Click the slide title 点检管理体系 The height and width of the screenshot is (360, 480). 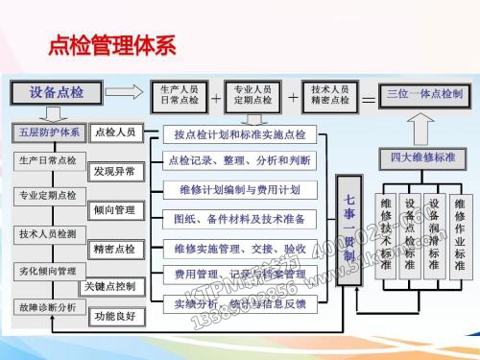113,45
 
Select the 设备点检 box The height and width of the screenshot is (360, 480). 57,93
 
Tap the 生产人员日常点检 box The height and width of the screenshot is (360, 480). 178,94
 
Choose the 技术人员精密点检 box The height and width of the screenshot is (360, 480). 329,94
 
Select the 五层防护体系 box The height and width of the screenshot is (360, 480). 49,132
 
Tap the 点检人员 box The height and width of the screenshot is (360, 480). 116,132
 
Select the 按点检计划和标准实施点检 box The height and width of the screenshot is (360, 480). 240,134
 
